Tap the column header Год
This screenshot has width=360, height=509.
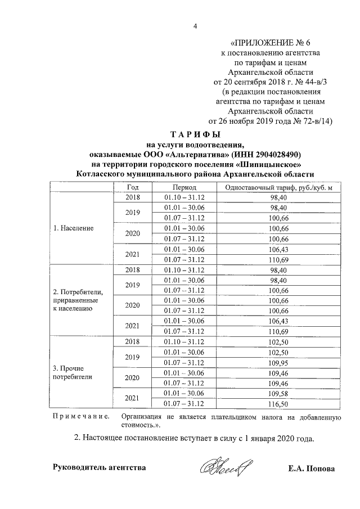click(133, 187)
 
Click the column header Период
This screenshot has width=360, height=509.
click(184, 187)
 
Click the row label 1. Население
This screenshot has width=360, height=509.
click(73, 228)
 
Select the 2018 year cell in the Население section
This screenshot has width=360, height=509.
click(133, 197)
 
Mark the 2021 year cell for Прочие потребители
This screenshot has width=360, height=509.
click(133, 398)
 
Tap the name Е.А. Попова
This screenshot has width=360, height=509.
click(311, 468)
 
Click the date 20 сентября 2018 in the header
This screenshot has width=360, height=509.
click(251, 82)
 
